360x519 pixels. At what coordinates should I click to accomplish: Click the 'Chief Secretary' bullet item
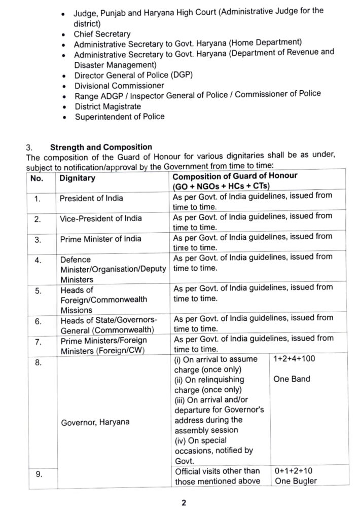(101, 34)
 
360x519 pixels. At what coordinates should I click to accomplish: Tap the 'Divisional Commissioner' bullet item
(119, 86)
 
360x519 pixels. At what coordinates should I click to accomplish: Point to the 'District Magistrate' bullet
(107, 106)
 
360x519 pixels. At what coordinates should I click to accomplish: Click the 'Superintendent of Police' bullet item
(120, 117)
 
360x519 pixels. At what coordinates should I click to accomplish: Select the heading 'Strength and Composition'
(101, 147)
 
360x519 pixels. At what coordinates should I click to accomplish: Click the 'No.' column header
(37, 178)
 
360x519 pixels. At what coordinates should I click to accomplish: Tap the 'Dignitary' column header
(77, 178)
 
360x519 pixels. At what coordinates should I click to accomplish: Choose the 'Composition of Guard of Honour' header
(235, 176)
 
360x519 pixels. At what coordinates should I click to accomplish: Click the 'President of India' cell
(91, 198)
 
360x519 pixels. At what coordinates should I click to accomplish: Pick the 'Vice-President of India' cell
(100, 218)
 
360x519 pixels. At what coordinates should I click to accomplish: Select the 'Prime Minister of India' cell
(100, 239)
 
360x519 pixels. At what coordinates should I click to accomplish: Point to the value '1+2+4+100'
(294, 359)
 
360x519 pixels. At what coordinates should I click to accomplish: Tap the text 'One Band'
(292, 379)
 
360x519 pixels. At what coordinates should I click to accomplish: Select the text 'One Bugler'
(296, 481)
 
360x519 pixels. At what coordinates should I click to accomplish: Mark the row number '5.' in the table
(38, 291)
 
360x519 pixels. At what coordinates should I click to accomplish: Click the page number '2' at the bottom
(185, 503)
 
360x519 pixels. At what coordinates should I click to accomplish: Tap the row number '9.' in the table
(38, 474)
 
